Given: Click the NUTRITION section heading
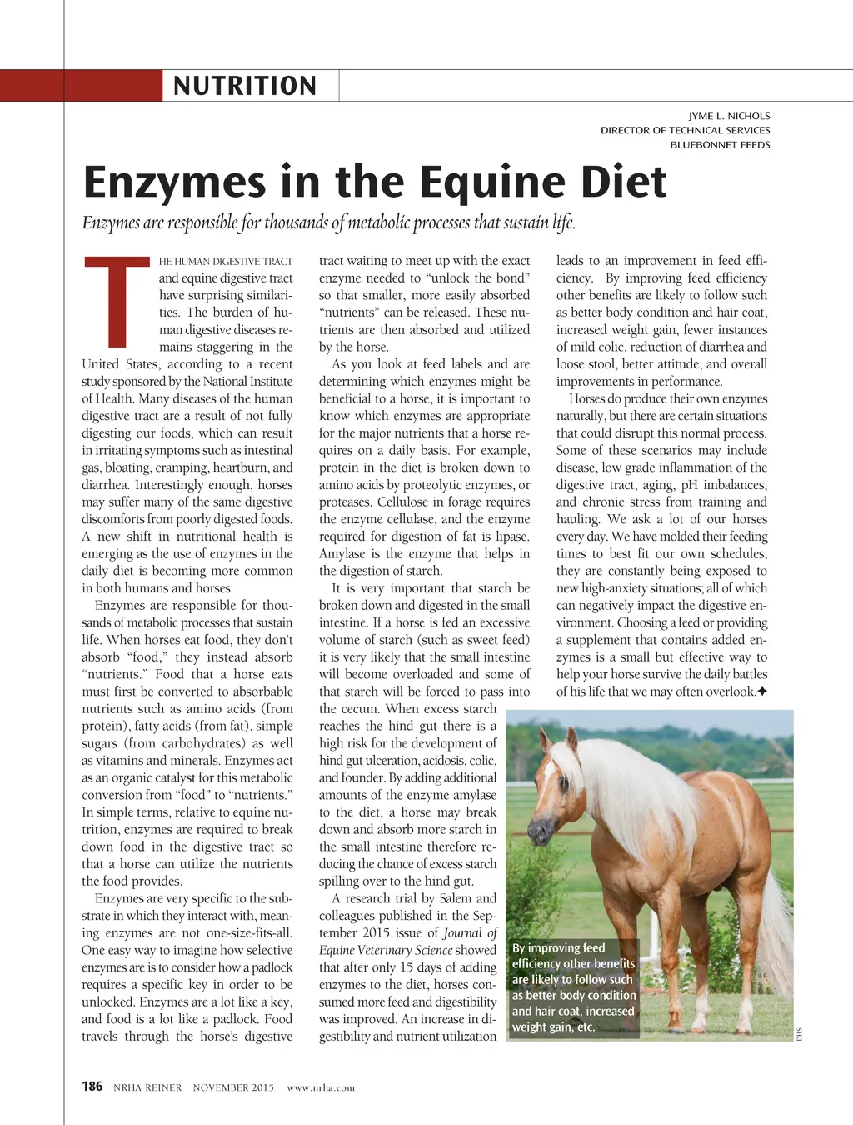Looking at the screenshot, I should (245, 86).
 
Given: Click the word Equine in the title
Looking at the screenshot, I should (492, 182).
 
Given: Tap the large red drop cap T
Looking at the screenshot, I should (117, 302).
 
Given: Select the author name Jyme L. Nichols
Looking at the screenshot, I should (729, 116).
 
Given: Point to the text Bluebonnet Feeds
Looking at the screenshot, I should (720, 144).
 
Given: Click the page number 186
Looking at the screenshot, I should (92, 1086).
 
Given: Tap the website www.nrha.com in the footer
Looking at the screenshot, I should (321, 1087).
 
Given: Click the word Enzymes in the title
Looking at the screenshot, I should (175, 182).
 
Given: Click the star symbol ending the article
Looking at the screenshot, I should (761, 692).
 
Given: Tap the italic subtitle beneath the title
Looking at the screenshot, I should (329, 222).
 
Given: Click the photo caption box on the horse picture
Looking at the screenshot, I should (573, 987).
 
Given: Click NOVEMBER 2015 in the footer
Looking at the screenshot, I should (233, 1087).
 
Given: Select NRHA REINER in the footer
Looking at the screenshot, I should (147, 1087).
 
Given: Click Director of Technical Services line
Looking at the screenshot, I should (685, 130).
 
